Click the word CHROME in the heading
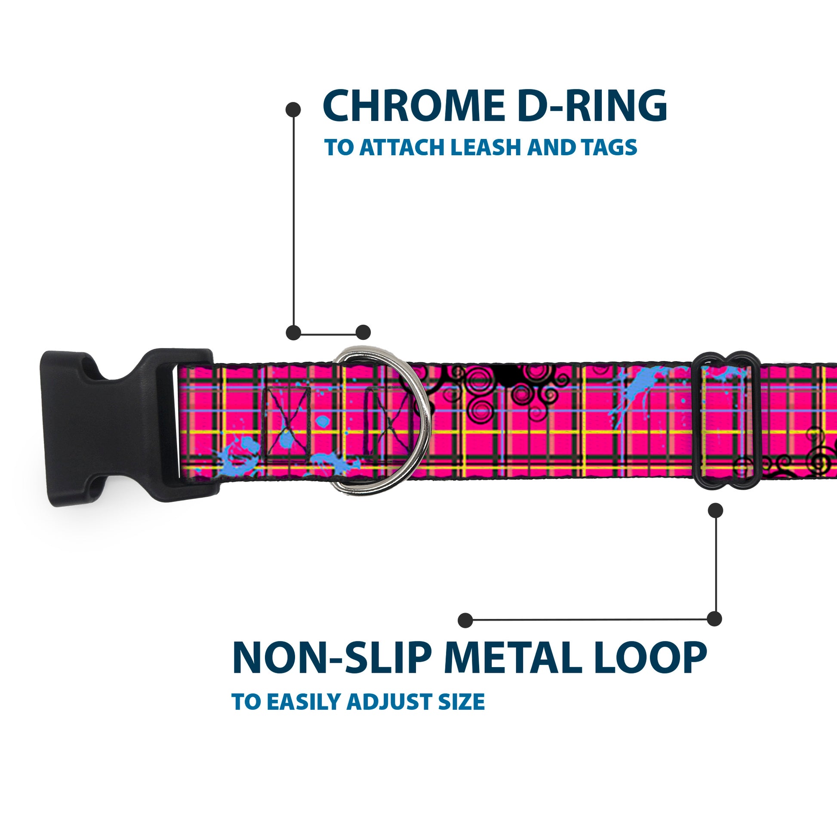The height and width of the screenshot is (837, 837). pyautogui.click(x=413, y=106)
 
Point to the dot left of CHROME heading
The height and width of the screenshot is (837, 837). pyautogui.click(x=293, y=110)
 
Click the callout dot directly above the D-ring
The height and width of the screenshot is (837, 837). pyautogui.click(x=363, y=333)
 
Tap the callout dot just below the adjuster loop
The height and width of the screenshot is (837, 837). pyautogui.click(x=715, y=511)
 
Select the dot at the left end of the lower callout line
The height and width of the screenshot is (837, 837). pyautogui.click(x=465, y=620)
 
